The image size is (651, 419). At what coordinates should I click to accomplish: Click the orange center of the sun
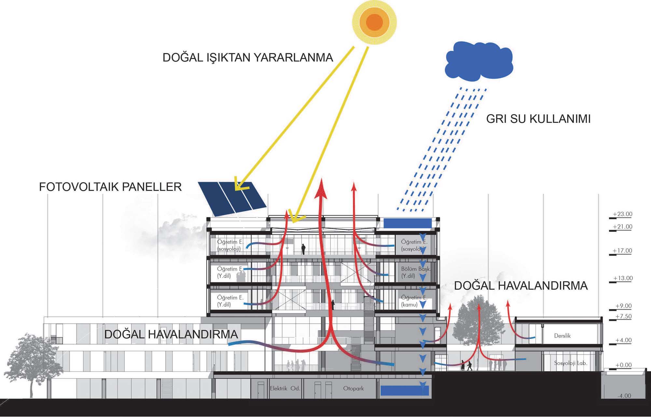(x=374, y=22)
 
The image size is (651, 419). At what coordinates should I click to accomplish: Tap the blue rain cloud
(x=478, y=62)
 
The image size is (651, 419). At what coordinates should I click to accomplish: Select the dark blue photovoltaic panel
(x=233, y=198)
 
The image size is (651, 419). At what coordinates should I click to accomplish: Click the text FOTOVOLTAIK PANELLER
(x=110, y=187)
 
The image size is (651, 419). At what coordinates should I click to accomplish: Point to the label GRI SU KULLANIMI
(x=538, y=119)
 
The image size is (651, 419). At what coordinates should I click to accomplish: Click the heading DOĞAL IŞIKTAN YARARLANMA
(x=248, y=58)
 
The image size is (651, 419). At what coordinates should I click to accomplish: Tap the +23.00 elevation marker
(x=622, y=214)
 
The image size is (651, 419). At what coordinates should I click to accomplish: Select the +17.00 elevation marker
(x=622, y=251)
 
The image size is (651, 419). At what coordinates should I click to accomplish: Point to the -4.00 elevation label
(x=624, y=396)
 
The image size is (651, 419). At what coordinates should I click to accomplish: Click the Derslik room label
(x=562, y=336)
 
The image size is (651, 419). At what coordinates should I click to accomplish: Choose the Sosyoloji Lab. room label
(x=571, y=363)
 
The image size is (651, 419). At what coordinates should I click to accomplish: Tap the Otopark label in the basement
(x=353, y=388)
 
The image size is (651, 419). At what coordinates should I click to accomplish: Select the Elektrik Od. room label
(x=285, y=388)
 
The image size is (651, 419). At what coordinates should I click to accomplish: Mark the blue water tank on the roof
(x=407, y=223)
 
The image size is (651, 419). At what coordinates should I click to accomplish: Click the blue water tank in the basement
(x=405, y=390)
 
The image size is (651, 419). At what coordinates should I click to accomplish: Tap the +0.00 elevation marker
(x=623, y=365)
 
